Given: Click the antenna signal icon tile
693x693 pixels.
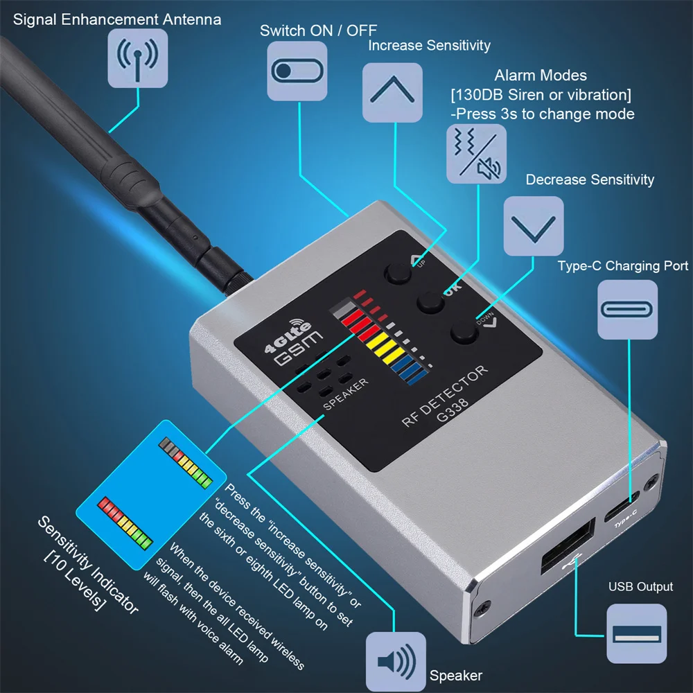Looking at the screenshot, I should click(x=138, y=58).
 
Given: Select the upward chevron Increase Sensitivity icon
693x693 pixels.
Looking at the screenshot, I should click(x=392, y=93).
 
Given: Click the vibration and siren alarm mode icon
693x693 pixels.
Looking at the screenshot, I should click(x=475, y=154).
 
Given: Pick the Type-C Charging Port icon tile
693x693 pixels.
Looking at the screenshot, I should click(x=628, y=309).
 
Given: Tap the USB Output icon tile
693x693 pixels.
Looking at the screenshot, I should click(x=636, y=633).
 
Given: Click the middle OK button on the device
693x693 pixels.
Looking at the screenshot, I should click(x=430, y=301).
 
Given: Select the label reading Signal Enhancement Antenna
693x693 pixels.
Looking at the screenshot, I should click(x=117, y=19).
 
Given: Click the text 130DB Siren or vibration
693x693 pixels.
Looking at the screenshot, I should click(x=540, y=94).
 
